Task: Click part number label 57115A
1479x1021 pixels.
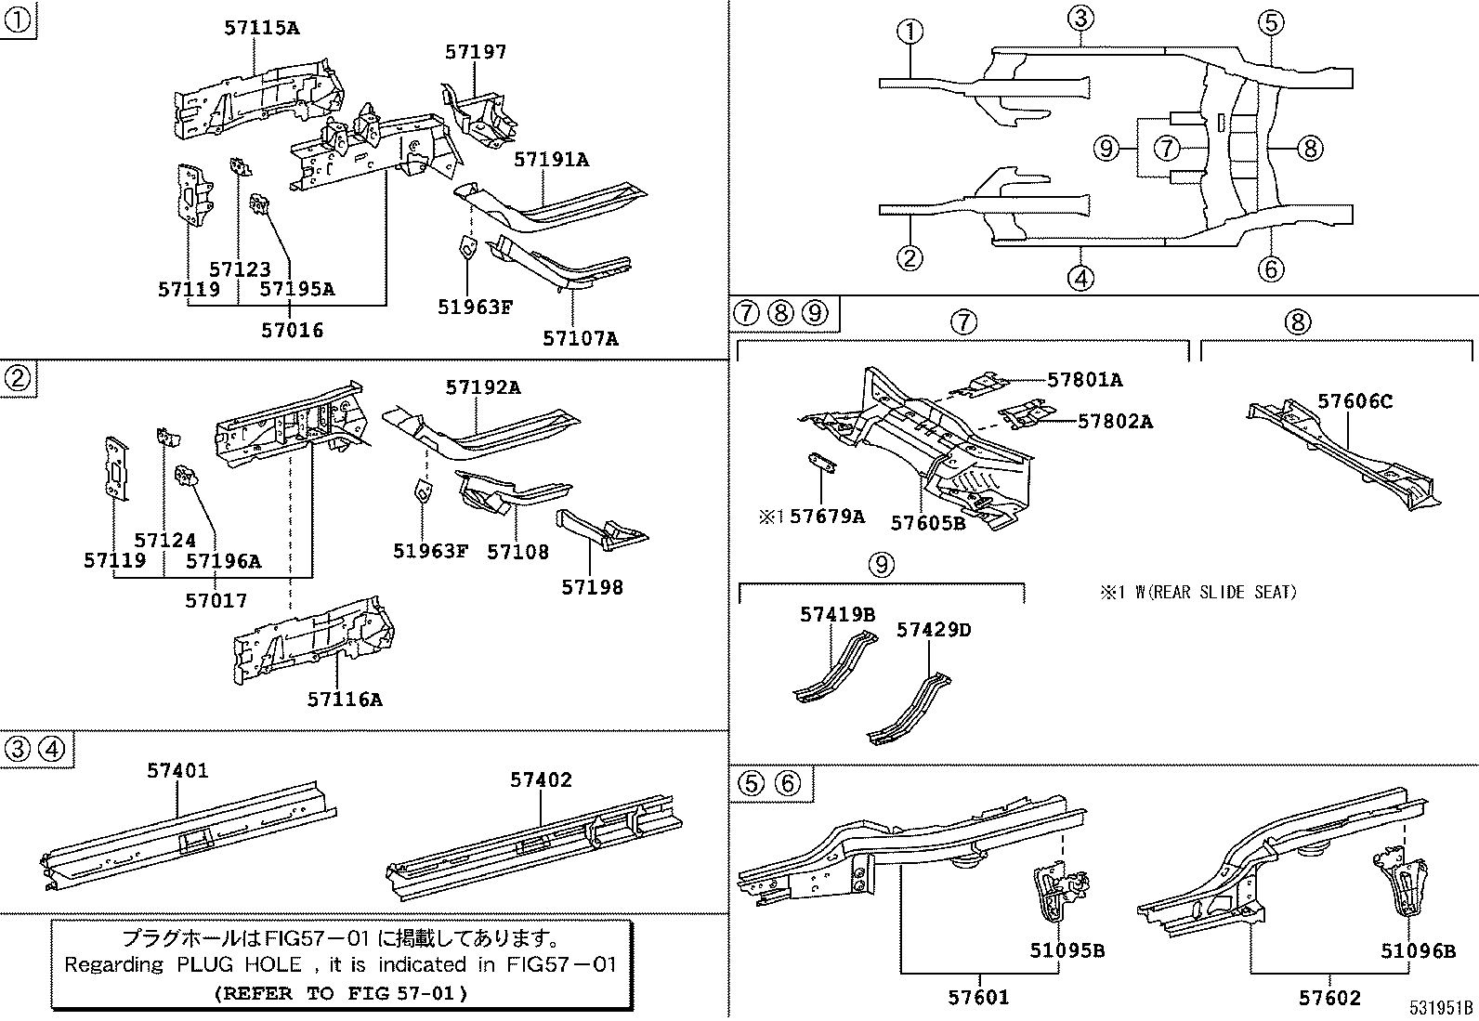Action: pyautogui.click(x=261, y=28)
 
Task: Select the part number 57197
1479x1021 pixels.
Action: pyautogui.click(x=476, y=52)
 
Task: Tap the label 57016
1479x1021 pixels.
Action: pyautogui.click(x=292, y=330)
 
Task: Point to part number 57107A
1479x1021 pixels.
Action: pyautogui.click(x=580, y=339)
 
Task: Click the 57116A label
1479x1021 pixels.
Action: pyautogui.click(x=345, y=700)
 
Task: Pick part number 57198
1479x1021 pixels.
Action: pyautogui.click(x=592, y=587)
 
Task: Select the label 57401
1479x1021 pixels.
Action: pyautogui.click(x=177, y=770)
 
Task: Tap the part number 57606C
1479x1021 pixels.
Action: pyautogui.click(x=1355, y=401)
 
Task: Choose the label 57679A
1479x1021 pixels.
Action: pyautogui.click(x=827, y=517)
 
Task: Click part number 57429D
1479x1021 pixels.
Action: pyautogui.click(x=933, y=630)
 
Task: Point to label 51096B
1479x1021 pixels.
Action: pyautogui.click(x=1417, y=950)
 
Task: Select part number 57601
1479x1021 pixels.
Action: pyautogui.click(x=978, y=998)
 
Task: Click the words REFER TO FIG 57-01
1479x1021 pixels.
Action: pyautogui.click(x=341, y=993)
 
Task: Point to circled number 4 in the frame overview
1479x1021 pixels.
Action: pyautogui.click(x=1080, y=277)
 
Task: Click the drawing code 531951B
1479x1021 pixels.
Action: pyautogui.click(x=1439, y=1008)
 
